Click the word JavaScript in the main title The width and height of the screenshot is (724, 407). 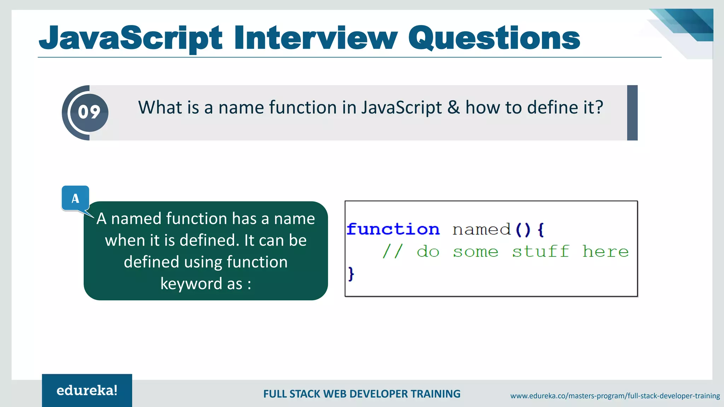click(131, 38)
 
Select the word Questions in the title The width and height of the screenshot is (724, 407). click(494, 38)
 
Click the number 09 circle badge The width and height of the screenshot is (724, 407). click(89, 112)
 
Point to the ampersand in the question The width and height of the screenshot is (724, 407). click(453, 107)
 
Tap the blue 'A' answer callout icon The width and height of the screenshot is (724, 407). click(75, 198)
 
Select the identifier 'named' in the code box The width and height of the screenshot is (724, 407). click(481, 230)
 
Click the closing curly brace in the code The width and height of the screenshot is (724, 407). click(351, 273)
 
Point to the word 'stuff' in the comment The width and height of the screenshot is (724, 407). click(541, 252)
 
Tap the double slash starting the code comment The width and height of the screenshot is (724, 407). click(392, 252)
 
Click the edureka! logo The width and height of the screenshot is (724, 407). click(87, 390)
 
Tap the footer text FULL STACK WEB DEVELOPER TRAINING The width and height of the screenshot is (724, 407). click(362, 394)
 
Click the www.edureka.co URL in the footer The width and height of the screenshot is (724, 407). click(615, 396)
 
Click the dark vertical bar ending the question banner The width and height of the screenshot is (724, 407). click(632, 113)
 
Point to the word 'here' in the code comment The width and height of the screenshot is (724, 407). click(605, 252)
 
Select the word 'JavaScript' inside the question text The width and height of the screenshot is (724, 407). click(401, 107)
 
